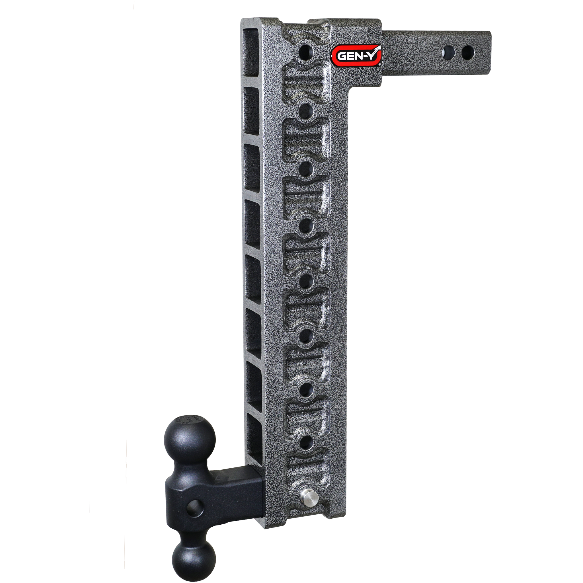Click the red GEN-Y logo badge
click(356, 56)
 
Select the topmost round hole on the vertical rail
click(305, 52)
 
